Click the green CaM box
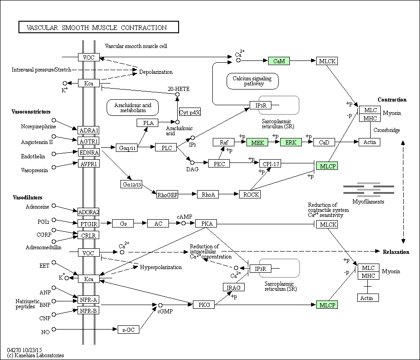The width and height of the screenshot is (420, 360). coord(279,61)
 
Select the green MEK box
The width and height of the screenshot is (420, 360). coord(257,142)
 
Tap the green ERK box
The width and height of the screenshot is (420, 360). coord(291,142)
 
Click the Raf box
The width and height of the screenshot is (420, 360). coord(224,142)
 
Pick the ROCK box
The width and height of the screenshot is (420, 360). coord(250,194)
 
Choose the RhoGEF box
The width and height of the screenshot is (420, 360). coord(168,195)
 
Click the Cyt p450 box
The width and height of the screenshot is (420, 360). coord(190,112)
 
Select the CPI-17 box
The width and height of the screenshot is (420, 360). coord(270,164)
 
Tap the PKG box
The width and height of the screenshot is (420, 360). coord(204,305)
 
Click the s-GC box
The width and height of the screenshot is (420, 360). coord(129,330)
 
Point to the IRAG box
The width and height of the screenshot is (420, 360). coord(234,288)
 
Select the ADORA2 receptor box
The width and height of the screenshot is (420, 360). coord(89,212)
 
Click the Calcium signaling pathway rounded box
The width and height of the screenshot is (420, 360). coord(252,81)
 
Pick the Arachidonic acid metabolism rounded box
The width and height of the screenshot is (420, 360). coord(132,108)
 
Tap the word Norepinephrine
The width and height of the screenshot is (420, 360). coord(39,126)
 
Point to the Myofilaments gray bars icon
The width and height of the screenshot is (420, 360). coord(369,189)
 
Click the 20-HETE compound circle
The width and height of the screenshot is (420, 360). coord(177,94)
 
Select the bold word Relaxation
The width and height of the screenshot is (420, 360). coord(396,252)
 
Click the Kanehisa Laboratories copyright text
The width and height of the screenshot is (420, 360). coord(36,355)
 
